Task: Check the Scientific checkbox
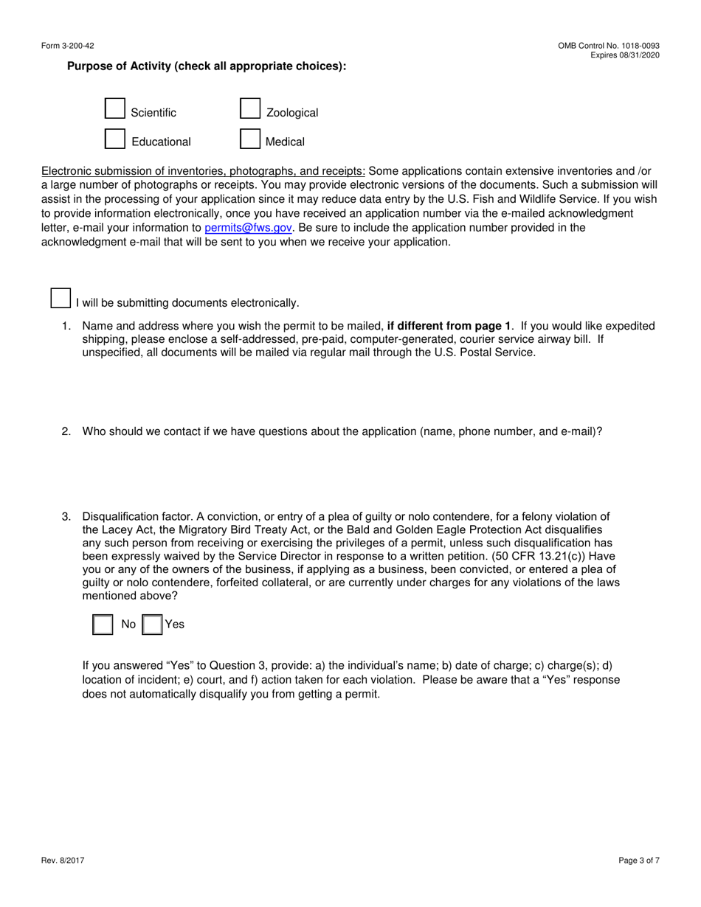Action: click(114, 108)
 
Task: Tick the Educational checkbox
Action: click(114, 138)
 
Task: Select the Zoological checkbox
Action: click(251, 108)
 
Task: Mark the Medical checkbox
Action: click(251, 138)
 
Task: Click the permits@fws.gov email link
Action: click(248, 228)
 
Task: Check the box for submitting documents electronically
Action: click(61, 298)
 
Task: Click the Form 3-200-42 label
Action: click(68, 46)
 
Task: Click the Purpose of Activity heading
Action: click(207, 66)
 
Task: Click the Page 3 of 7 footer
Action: click(638, 860)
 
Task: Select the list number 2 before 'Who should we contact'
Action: click(66, 431)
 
